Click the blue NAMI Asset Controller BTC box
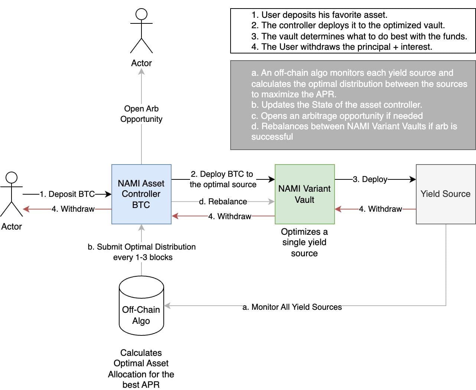tap(141, 194)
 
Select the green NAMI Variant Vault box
tap(304, 194)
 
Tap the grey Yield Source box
tap(446, 194)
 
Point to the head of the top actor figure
tap(141, 14)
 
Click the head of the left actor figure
tap(12, 178)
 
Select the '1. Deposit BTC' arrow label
tap(67, 194)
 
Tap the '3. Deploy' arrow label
tap(370, 179)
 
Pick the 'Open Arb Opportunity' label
tap(141, 114)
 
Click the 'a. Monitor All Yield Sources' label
tap(292, 307)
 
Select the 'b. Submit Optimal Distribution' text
tap(141, 247)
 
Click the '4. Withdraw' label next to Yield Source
tap(380, 209)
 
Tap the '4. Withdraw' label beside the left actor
tap(73, 209)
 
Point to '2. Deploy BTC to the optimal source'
tap(223, 179)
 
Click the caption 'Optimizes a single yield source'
tap(304, 242)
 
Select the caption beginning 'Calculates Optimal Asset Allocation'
tap(141, 368)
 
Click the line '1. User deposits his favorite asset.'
tap(319, 15)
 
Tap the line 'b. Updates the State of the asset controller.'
tap(336, 105)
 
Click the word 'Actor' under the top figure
tap(141, 63)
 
